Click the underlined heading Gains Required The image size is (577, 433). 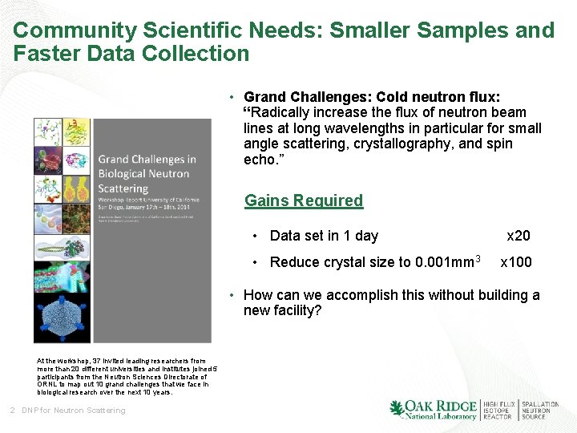pos(303,200)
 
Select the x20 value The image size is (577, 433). pos(518,236)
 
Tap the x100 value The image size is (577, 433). pos(514,262)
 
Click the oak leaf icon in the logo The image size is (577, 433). pos(397,410)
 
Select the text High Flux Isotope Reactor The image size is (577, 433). pos(498,411)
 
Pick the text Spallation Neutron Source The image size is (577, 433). pos(541,411)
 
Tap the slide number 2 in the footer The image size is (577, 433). pos(12,411)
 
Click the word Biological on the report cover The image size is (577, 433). pos(124,173)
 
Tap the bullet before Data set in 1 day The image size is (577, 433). pos(254,236)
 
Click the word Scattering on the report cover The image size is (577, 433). pos(123,188)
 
